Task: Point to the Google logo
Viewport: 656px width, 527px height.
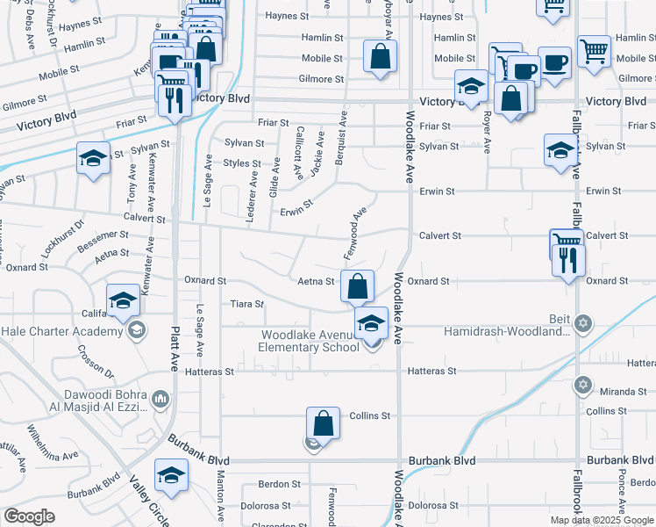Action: click(29, 516)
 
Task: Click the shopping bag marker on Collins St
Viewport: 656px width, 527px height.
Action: click(324, 422)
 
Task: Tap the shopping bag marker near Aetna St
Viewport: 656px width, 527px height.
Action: click(357, 285)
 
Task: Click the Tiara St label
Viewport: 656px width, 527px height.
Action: click(246, 304)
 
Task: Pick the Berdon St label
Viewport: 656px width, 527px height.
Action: click(279, 484)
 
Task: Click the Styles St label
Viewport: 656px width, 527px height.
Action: click(242, 163)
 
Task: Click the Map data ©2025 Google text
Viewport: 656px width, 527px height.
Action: click(602, 520)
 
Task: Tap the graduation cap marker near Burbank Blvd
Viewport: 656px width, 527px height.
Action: click(171, 476)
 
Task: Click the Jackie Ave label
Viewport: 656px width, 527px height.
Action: click(317, 163)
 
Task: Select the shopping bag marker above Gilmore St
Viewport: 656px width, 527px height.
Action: click(380, 58)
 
